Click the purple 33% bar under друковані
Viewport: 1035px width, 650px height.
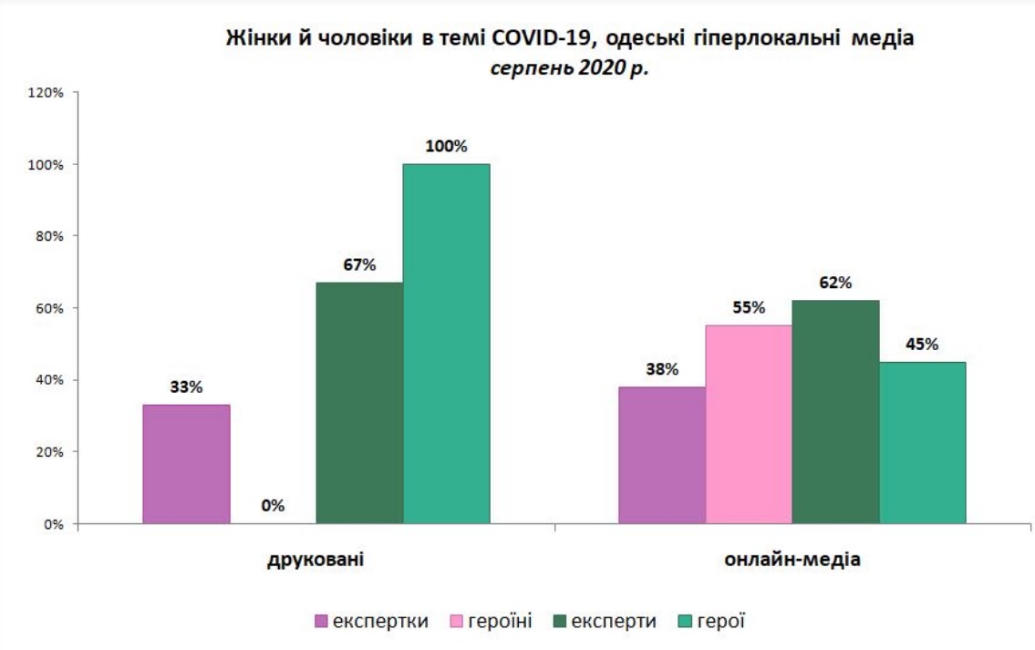[186, 464]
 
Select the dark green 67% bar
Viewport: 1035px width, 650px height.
[359, 403]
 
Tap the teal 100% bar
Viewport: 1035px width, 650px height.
[446, 344]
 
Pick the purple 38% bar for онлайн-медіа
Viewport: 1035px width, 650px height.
[661, 455]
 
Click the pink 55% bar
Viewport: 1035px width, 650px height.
[748, 424]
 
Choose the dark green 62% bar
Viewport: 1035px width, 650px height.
[835, 412]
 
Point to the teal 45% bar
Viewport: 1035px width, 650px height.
[922, 442]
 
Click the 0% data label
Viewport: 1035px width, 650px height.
[273, 504]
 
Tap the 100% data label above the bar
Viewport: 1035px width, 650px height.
[446, 146]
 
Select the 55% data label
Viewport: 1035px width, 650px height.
[748, 307]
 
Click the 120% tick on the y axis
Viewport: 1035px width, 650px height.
[45, 93]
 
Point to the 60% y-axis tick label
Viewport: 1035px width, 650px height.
[47, 308]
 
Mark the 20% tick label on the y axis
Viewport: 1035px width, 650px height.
[47, 452]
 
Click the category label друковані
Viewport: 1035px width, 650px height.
[316, 559]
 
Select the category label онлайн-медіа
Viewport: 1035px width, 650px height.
[792, 559]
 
